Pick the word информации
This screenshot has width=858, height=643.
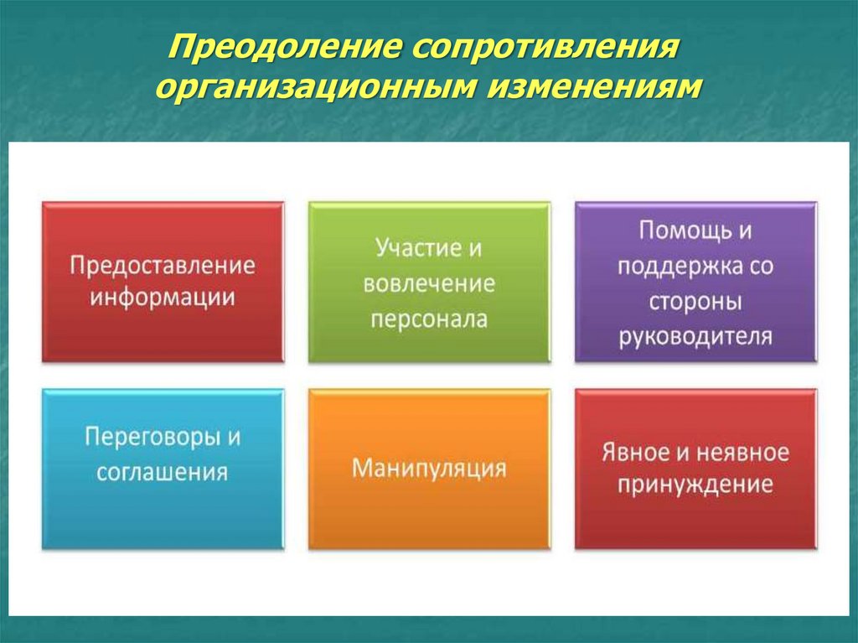coord(163,298)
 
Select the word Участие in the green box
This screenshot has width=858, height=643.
coord(414,247)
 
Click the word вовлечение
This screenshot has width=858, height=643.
coord(430,283)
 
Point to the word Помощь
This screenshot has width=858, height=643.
coord(682,231)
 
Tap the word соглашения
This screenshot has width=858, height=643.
coord(163,473)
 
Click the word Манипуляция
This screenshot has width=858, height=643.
coord(430,469)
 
